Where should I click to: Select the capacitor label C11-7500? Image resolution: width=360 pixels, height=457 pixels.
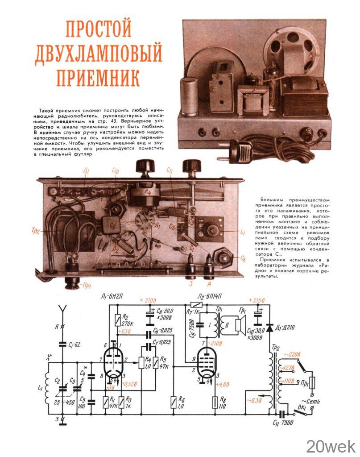click(x=282, y=422)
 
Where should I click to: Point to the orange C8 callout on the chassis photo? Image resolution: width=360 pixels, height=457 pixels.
click(x=243, y=258)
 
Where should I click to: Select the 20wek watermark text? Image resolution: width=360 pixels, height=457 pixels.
click(x=331, y=446)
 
